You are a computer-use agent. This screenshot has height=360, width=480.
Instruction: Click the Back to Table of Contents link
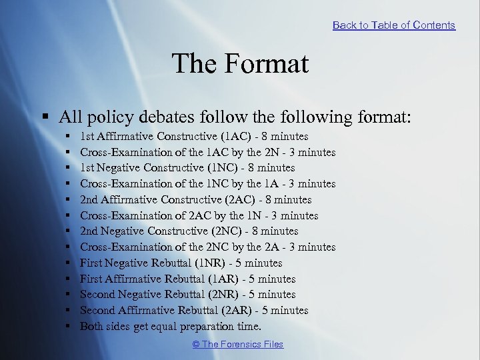coord(393,25)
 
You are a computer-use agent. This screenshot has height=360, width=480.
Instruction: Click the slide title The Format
coord(240,64)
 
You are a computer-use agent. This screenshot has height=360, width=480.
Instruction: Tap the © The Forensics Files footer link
coord(238,344)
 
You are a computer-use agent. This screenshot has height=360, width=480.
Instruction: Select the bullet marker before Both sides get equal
coord(69,326)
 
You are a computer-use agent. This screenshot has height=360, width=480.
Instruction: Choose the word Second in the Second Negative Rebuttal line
coord(97,294)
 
